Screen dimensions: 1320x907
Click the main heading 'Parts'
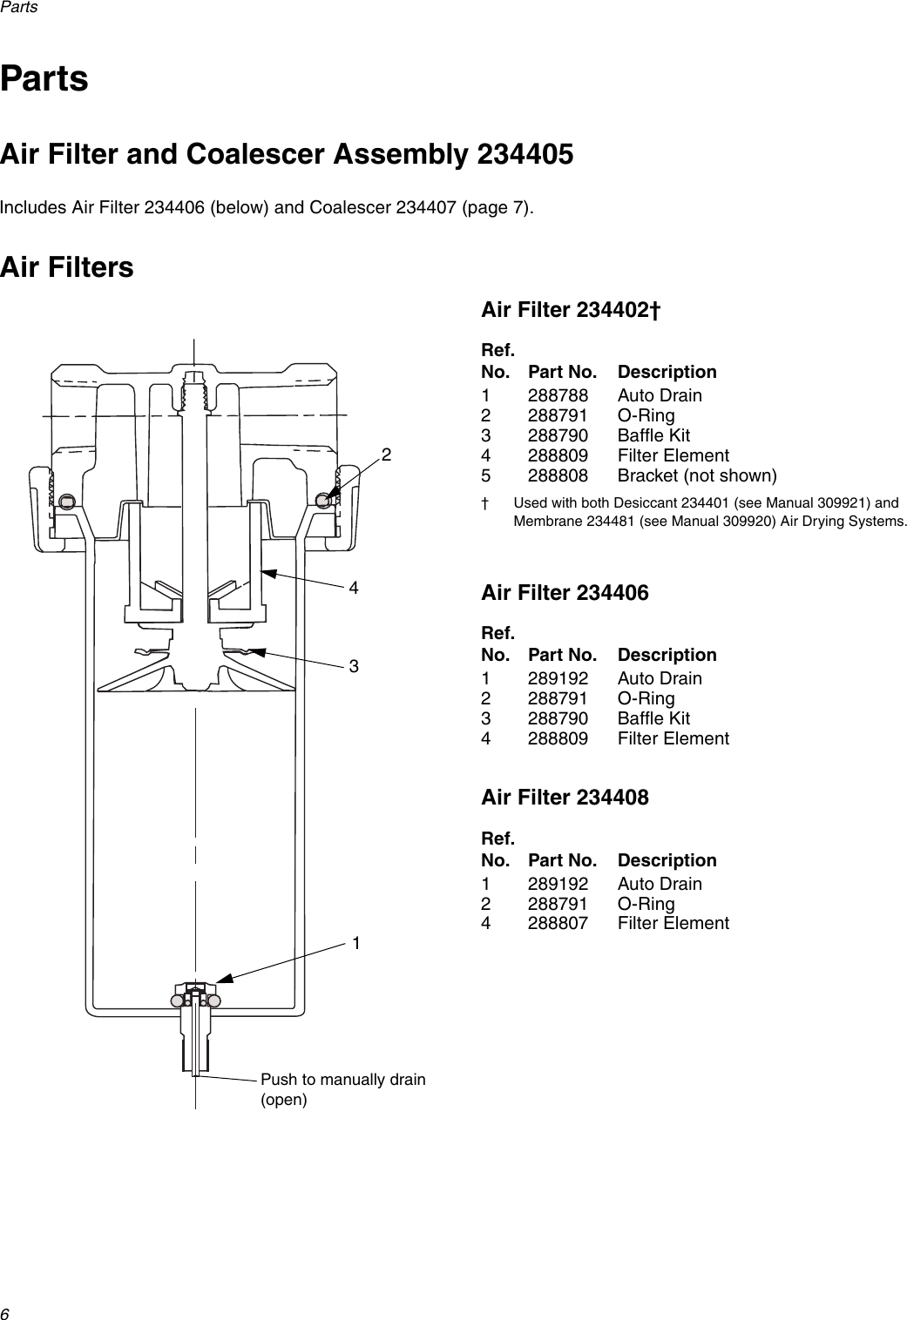[44, 78]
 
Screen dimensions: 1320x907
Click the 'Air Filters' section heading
[67, 266]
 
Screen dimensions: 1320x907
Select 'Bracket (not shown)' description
[697, 475]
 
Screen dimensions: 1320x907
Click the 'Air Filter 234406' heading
[565, 594]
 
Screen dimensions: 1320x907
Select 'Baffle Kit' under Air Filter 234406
[653, 718]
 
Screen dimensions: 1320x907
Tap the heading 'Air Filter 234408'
[565, 798]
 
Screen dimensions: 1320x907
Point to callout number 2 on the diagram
[386, 455]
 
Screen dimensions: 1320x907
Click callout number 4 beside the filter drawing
[354, 588]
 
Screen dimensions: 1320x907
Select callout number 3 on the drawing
[354, 666]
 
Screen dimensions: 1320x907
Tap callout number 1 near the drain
[357, 943]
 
